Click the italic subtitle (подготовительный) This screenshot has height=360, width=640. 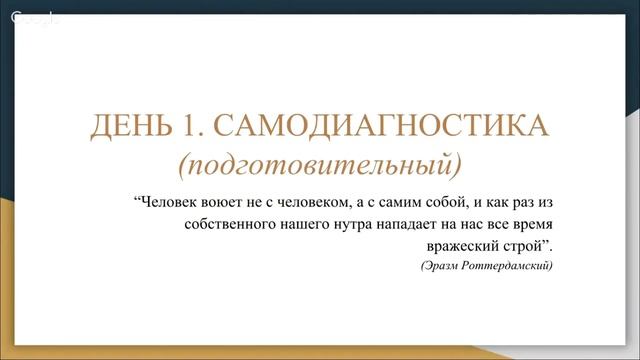tap(320, 160)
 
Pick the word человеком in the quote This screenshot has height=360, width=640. tap(301, 199)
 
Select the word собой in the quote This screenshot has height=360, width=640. tap(431, 199)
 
